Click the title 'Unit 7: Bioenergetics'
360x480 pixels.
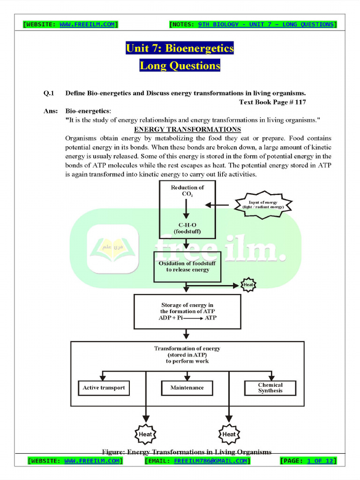coord(180,48)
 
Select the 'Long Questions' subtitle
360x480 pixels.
coord(180,66)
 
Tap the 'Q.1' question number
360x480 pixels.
coord(49,93)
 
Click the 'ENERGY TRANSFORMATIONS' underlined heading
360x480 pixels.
coord(187,129)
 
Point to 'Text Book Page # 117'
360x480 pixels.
coord(273,102)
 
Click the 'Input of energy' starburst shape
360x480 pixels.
coord(263,205)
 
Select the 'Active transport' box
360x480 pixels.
coord(104,388)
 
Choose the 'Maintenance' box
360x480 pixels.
coord(187,388)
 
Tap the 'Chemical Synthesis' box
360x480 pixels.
coord(270,388)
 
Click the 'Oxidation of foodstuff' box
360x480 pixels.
coord(187,267)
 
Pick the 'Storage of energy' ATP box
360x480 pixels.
coord(187,311)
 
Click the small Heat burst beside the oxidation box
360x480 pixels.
coord(248,285)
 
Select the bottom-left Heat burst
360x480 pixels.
coord(145,434)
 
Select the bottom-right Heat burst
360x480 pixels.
coord(229,434)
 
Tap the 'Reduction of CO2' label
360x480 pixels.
coord(187,190)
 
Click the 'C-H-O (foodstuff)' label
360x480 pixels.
coord(187,228)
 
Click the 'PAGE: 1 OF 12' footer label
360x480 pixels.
coord(308,461)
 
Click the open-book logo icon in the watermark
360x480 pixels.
coord(112,248)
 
